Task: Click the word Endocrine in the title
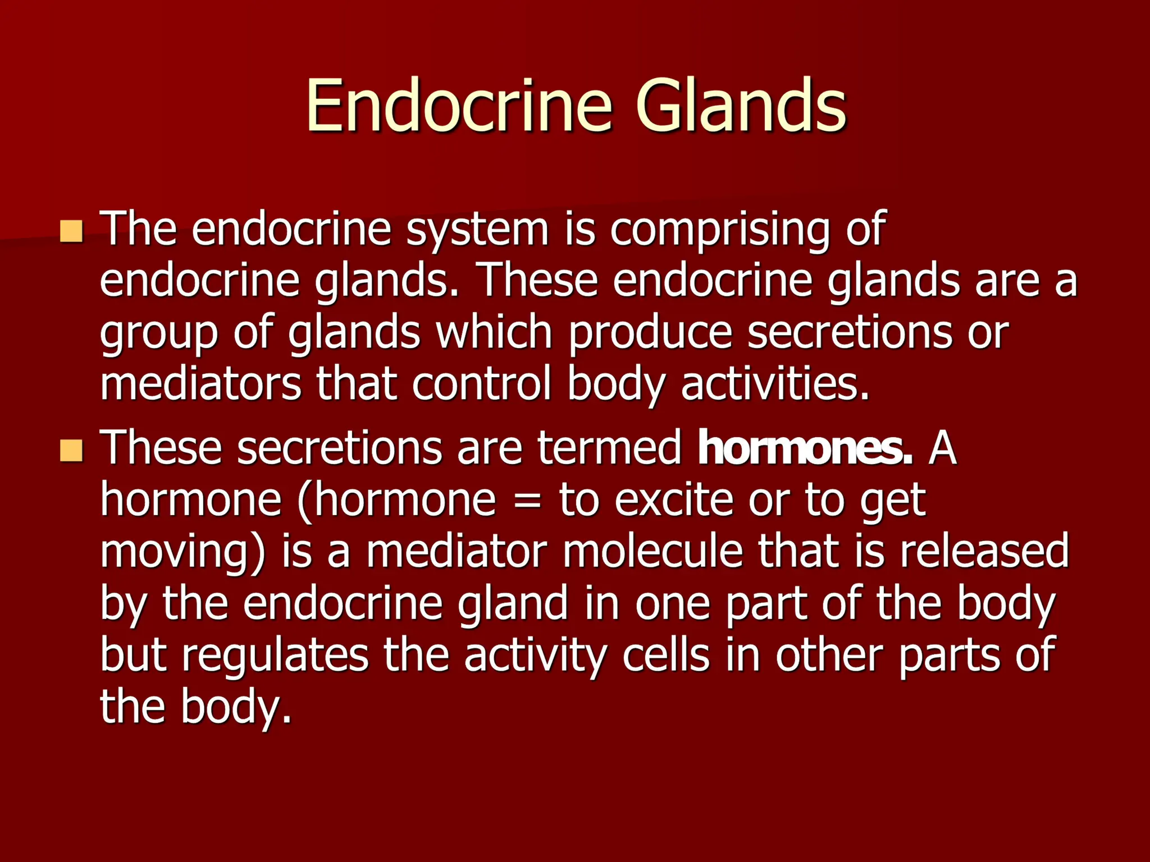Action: [458, 107]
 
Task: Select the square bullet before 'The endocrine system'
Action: [72, 231]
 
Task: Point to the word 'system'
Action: [477, 231]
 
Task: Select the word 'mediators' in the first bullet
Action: [200, 384]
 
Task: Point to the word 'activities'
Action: [775, 384]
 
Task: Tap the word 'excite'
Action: [674, 499]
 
